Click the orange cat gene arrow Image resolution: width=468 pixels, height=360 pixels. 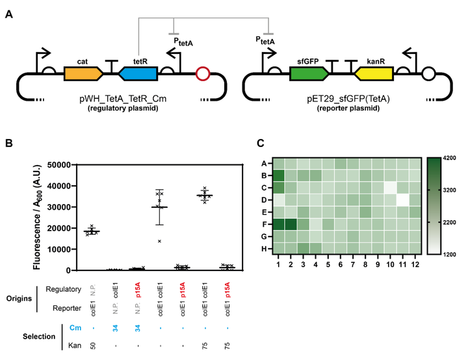point(84,73)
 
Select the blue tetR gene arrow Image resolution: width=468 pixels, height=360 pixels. point(138,73)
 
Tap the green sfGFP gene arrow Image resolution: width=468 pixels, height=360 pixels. point(309,73)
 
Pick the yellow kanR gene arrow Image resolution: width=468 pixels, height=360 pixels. point(374,73)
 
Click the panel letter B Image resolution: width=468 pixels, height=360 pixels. point(9,143)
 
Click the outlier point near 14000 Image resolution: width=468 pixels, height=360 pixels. point(160,241)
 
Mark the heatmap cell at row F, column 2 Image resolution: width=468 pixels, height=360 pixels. point(291,224)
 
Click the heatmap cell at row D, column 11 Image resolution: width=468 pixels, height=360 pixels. point(402,200)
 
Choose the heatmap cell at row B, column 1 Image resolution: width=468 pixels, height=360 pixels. point(278,175)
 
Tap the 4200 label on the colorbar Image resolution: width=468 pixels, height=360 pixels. point(450,158)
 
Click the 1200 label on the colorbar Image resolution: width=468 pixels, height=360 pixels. point(450,255)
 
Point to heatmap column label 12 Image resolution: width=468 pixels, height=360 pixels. point(415,264)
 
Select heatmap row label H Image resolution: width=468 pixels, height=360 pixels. point(264,249)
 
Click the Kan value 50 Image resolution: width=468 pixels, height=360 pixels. point(93,346)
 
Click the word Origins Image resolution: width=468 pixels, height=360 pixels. point(19,298)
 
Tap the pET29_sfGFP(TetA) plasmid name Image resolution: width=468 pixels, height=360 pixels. point(348,99)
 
